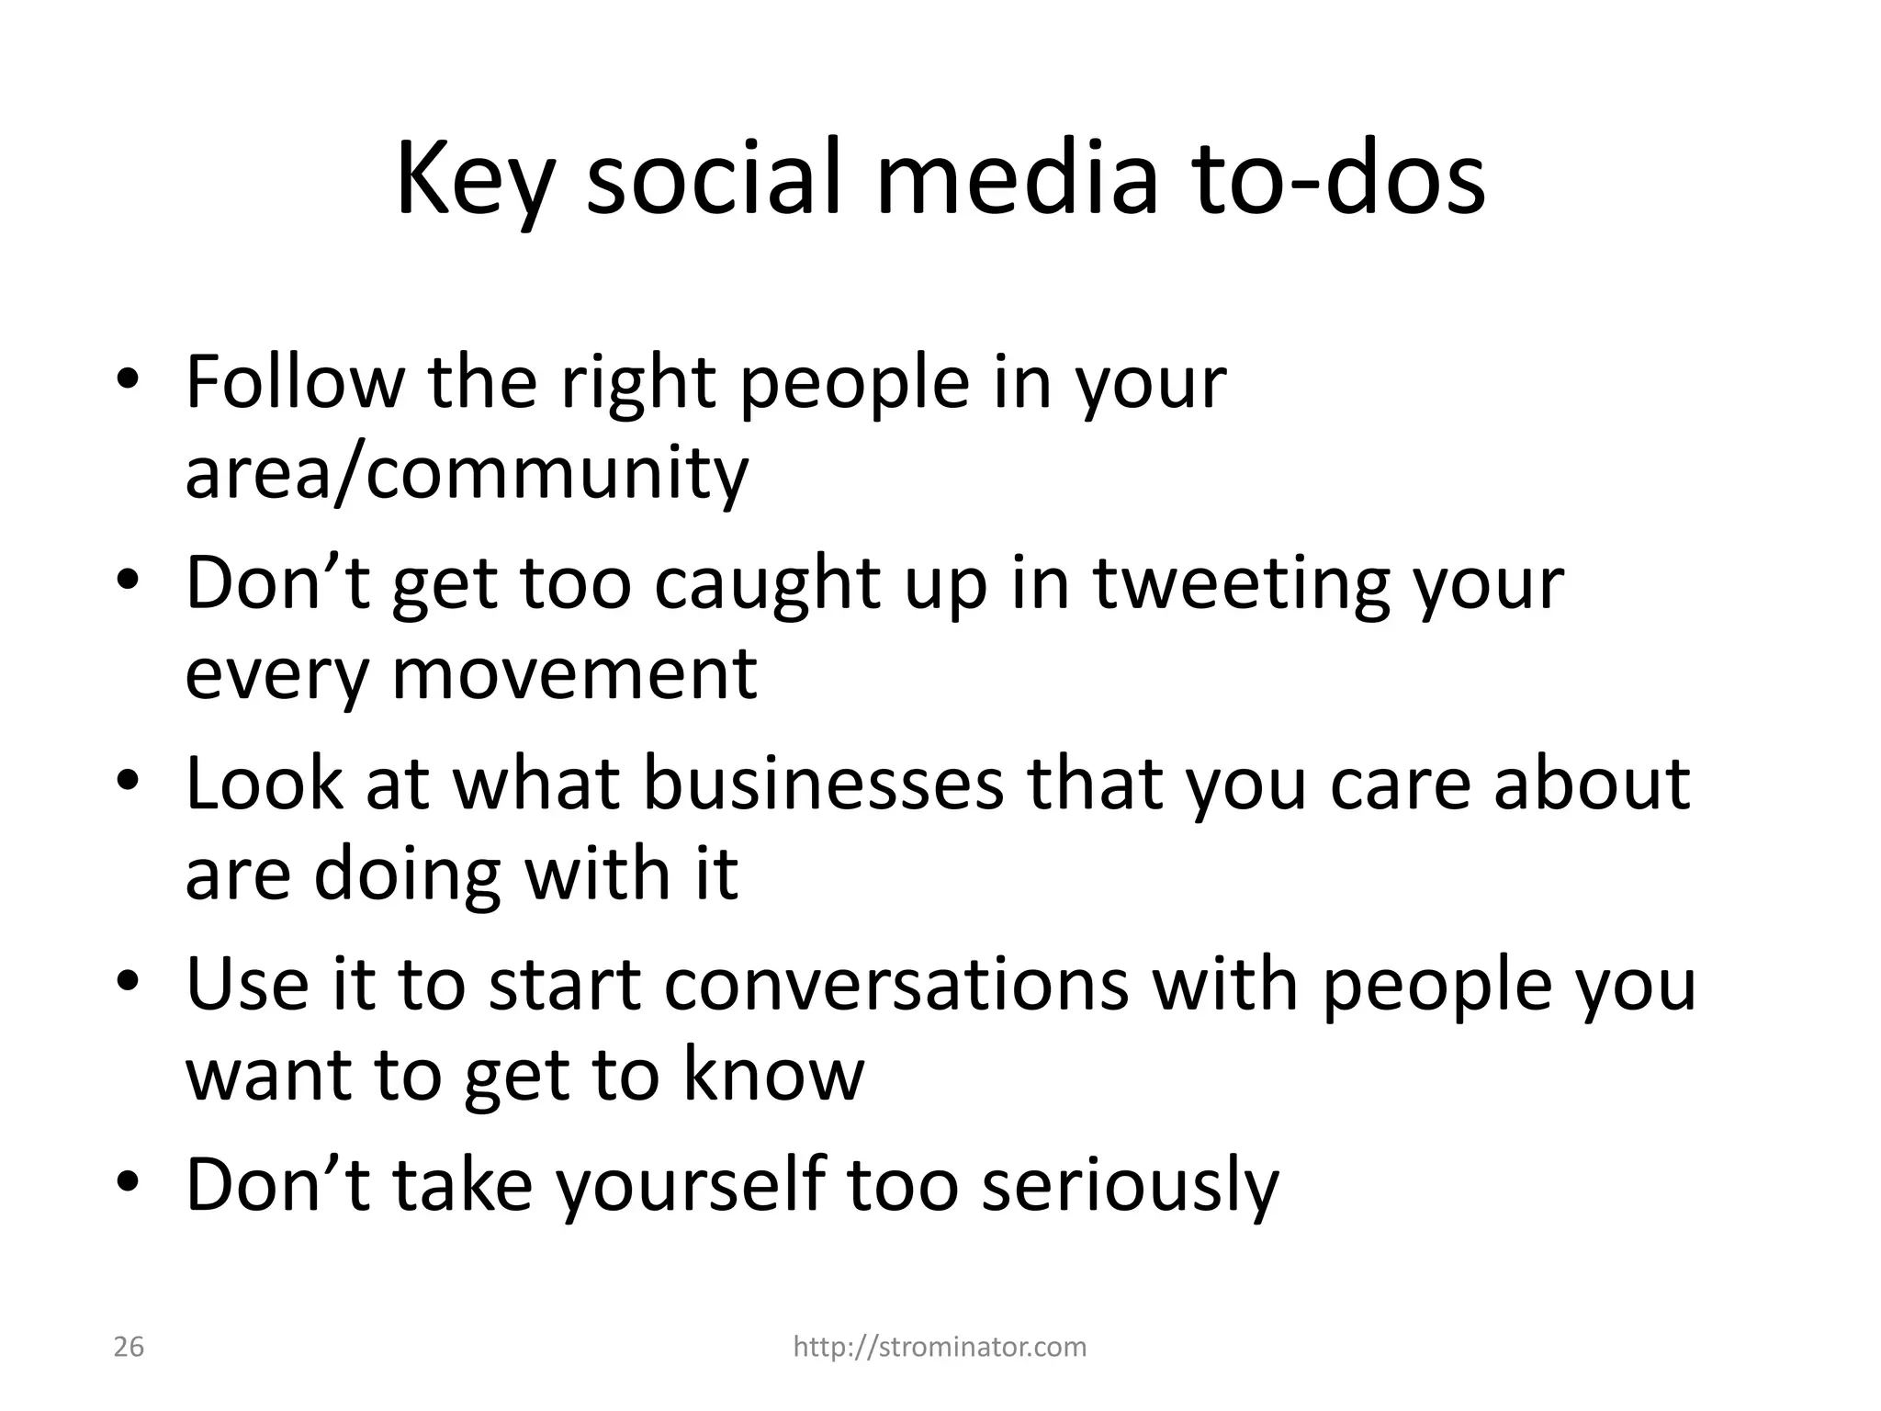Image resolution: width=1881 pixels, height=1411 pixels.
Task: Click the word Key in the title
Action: (475, 180)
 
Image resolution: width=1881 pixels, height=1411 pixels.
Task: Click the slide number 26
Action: (129, 1347)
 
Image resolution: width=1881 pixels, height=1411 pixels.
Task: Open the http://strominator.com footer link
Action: (940, 1347)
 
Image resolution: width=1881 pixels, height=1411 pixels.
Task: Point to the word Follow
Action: (295, 382)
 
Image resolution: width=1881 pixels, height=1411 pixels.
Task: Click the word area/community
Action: (467, 474)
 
